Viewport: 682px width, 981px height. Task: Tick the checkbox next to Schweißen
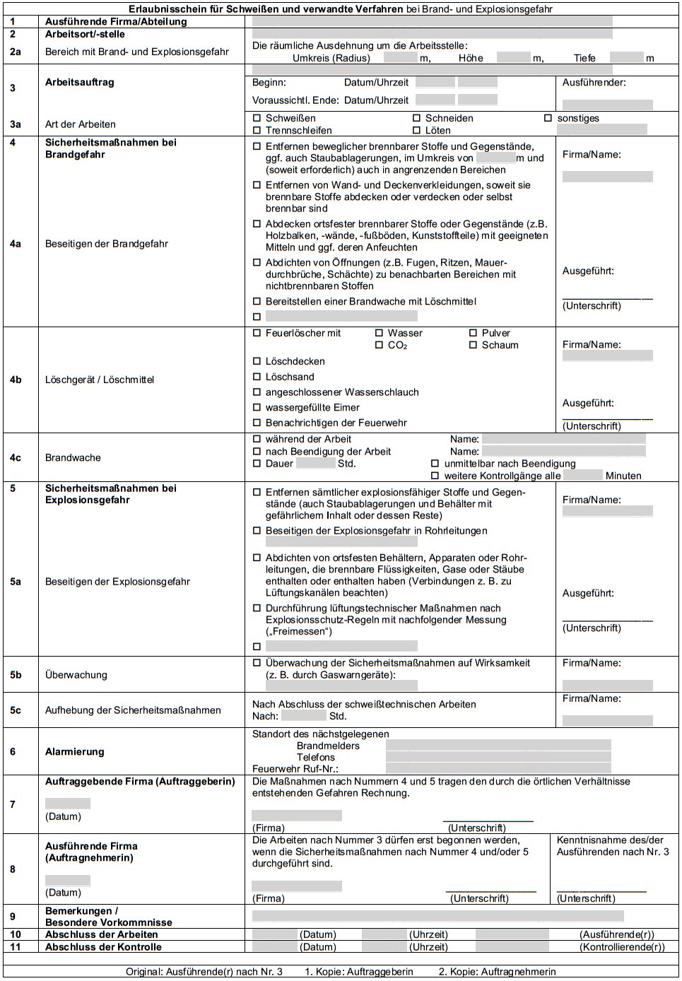[x=257, y=118]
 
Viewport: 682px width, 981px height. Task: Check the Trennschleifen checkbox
[x=257, y=130]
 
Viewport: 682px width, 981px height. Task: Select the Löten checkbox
[x=416, y=130]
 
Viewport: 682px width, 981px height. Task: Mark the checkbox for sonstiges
[x=548, y=118]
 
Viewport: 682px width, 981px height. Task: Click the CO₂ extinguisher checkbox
[x=379, y=345]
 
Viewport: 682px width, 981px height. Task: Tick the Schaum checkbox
[x=473, y=345]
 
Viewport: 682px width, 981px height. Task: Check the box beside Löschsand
[x=257, y=377]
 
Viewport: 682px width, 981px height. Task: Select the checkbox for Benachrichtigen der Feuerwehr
[x=257, y=423]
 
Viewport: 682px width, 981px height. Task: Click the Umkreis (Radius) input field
[x=401, y=58]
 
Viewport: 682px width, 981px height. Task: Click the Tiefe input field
[x=626, y=58]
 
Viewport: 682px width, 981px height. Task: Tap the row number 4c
[x=16, y=457]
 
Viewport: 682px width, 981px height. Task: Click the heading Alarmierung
[x=74, y=751]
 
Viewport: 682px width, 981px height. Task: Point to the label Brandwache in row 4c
[x=73, y=457]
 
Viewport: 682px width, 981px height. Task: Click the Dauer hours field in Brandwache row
[x=315, y=464]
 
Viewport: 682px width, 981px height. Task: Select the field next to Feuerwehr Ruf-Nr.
[x=498, y=768]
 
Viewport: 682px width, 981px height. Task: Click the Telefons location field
[x=498, y=757]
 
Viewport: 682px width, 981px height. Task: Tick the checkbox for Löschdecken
[x=257, y=361]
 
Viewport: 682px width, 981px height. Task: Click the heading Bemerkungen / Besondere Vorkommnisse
[x=108, y=916]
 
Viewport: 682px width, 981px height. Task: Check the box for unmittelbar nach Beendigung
[x=435, y=464]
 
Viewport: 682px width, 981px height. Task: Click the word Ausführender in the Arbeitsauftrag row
[x=594, y=82]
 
